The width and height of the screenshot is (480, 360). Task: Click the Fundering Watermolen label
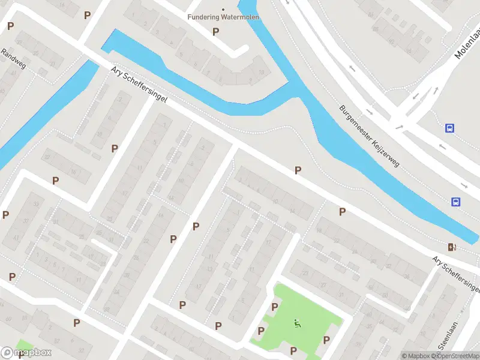coord(223,17)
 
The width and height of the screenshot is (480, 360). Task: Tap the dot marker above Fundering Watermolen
coord(223,10)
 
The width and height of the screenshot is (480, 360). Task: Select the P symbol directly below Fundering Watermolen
coord(216,31)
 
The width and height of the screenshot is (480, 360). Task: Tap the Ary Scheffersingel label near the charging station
coord(456,271)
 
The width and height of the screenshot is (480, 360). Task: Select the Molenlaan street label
coord(467,46)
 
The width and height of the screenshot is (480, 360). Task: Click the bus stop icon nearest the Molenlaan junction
coord(449,128)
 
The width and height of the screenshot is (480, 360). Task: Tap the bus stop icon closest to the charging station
coord(456,202)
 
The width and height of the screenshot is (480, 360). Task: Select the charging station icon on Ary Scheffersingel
coord(451,247)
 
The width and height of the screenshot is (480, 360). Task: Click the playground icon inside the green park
coord(297,323)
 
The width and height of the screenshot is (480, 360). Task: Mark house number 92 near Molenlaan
coord(392,42)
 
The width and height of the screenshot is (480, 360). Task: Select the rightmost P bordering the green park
coord(326,340)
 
